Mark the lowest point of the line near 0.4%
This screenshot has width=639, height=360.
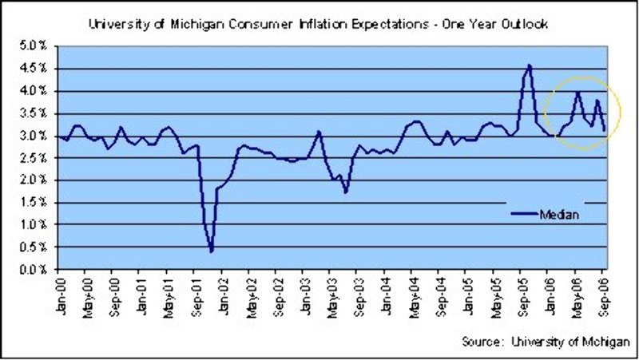pos(212,251)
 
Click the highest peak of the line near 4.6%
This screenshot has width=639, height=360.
pos(529,65)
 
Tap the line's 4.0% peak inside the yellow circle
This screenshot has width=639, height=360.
pos(577,93)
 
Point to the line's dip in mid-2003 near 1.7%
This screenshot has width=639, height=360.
pos(346,192)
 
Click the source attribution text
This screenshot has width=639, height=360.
pos(543,342)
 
